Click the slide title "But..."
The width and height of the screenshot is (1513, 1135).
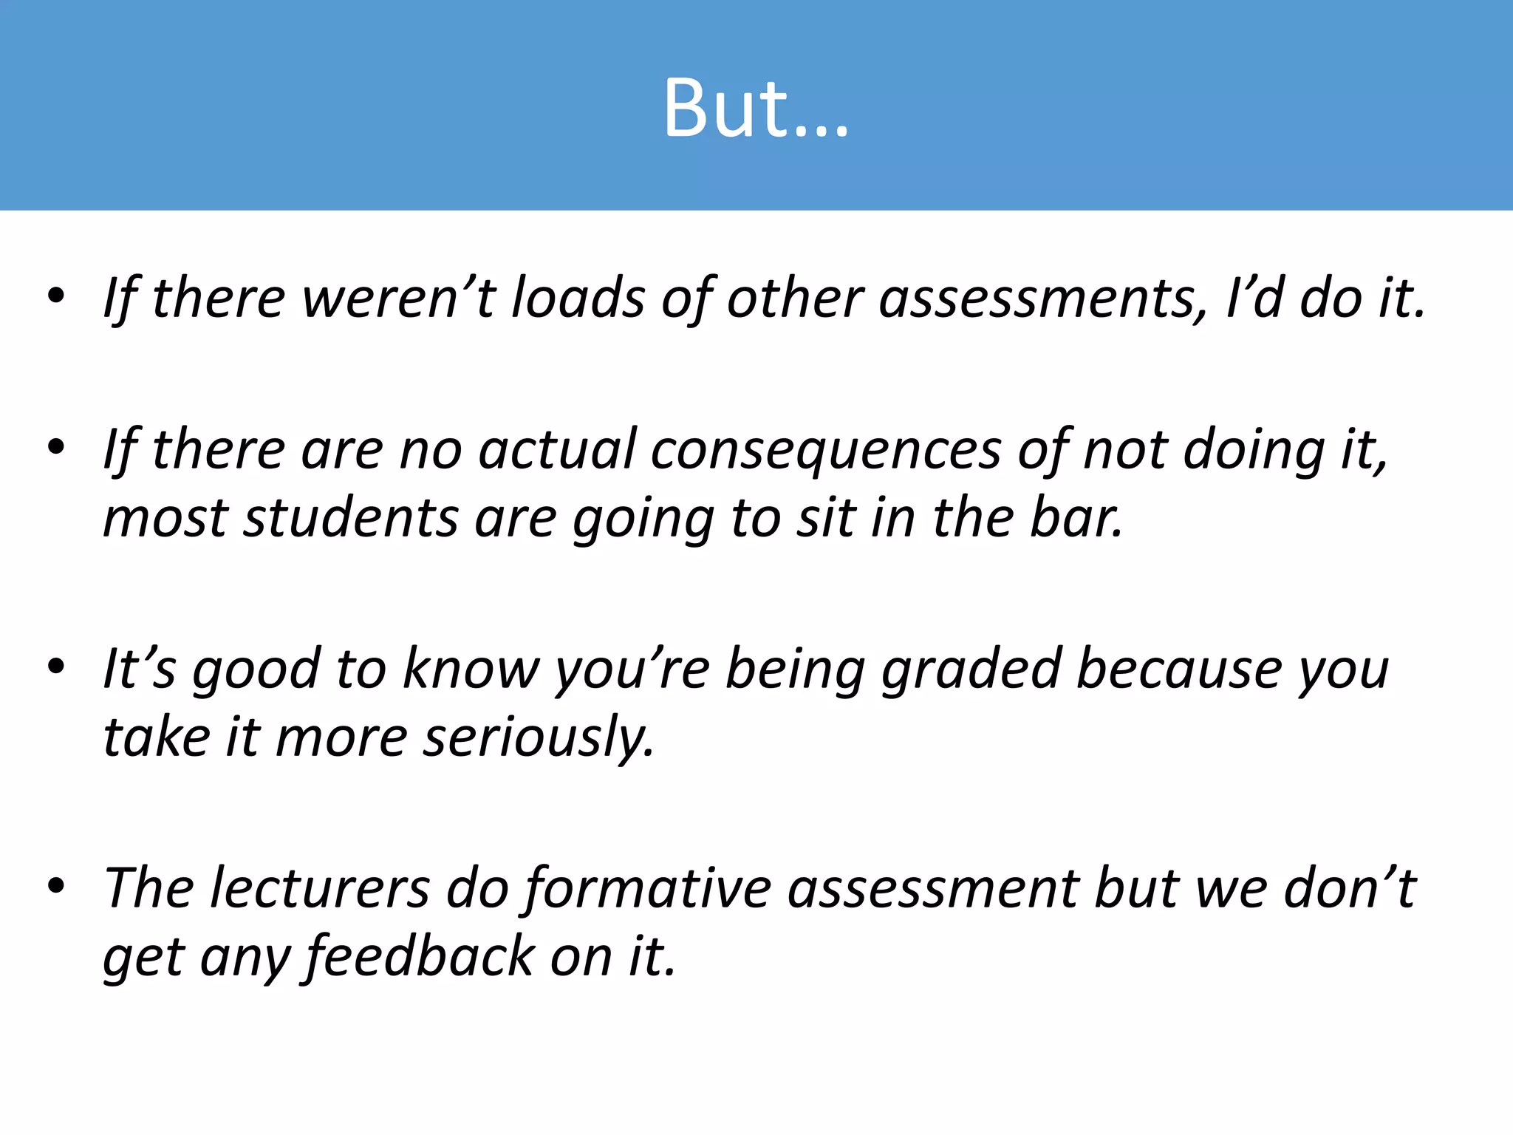756,109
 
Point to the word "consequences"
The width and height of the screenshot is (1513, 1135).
825,451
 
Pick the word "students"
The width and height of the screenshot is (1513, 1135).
351,518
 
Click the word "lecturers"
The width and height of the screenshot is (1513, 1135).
320,887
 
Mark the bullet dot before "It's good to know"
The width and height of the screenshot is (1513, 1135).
56,667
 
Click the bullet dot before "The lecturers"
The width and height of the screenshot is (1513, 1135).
56,885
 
